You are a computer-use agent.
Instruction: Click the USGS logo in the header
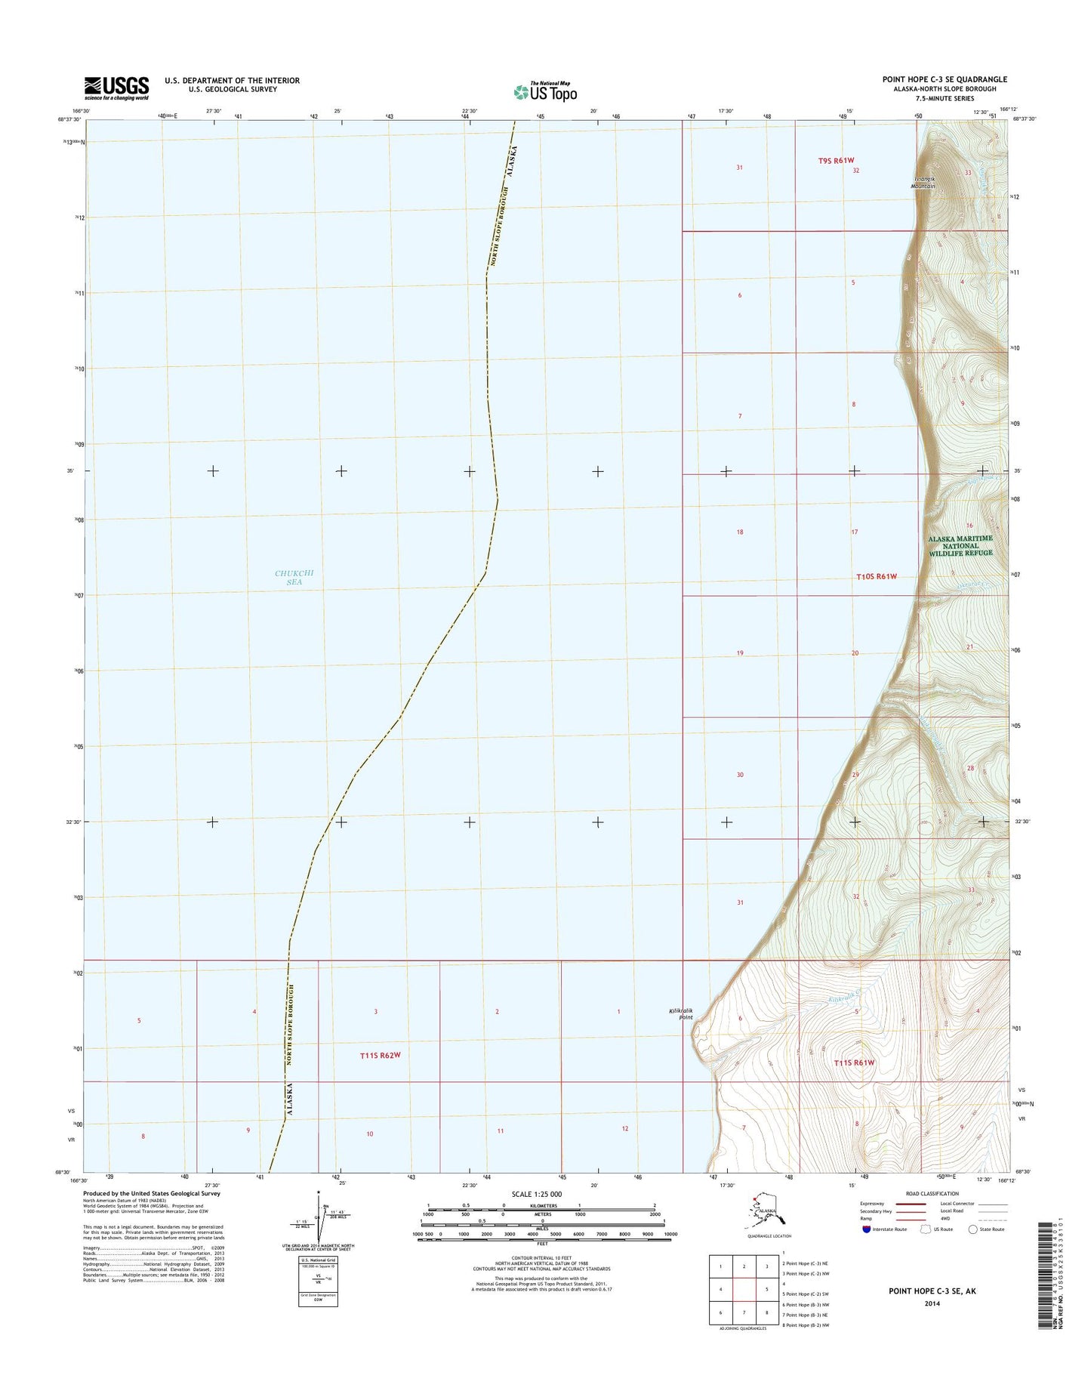pos(116,88)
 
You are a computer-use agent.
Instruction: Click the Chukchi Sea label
pos(294,578)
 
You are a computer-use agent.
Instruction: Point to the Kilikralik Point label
pos(680,1014)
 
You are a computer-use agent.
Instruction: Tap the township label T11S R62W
pos(380,1055)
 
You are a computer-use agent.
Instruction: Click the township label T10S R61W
pos(877,577)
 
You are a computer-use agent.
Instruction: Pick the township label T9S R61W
pos(836,160)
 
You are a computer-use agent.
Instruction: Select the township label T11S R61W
pos(854,1063)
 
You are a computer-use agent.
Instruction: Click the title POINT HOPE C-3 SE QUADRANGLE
pos(944,79)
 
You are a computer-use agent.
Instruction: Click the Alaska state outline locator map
pos(766,1211)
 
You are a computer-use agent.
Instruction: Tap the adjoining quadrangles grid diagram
pos(744,1290)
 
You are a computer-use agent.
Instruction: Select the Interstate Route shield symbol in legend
pos(867,1229)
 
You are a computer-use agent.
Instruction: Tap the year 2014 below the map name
pos(932,1303)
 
